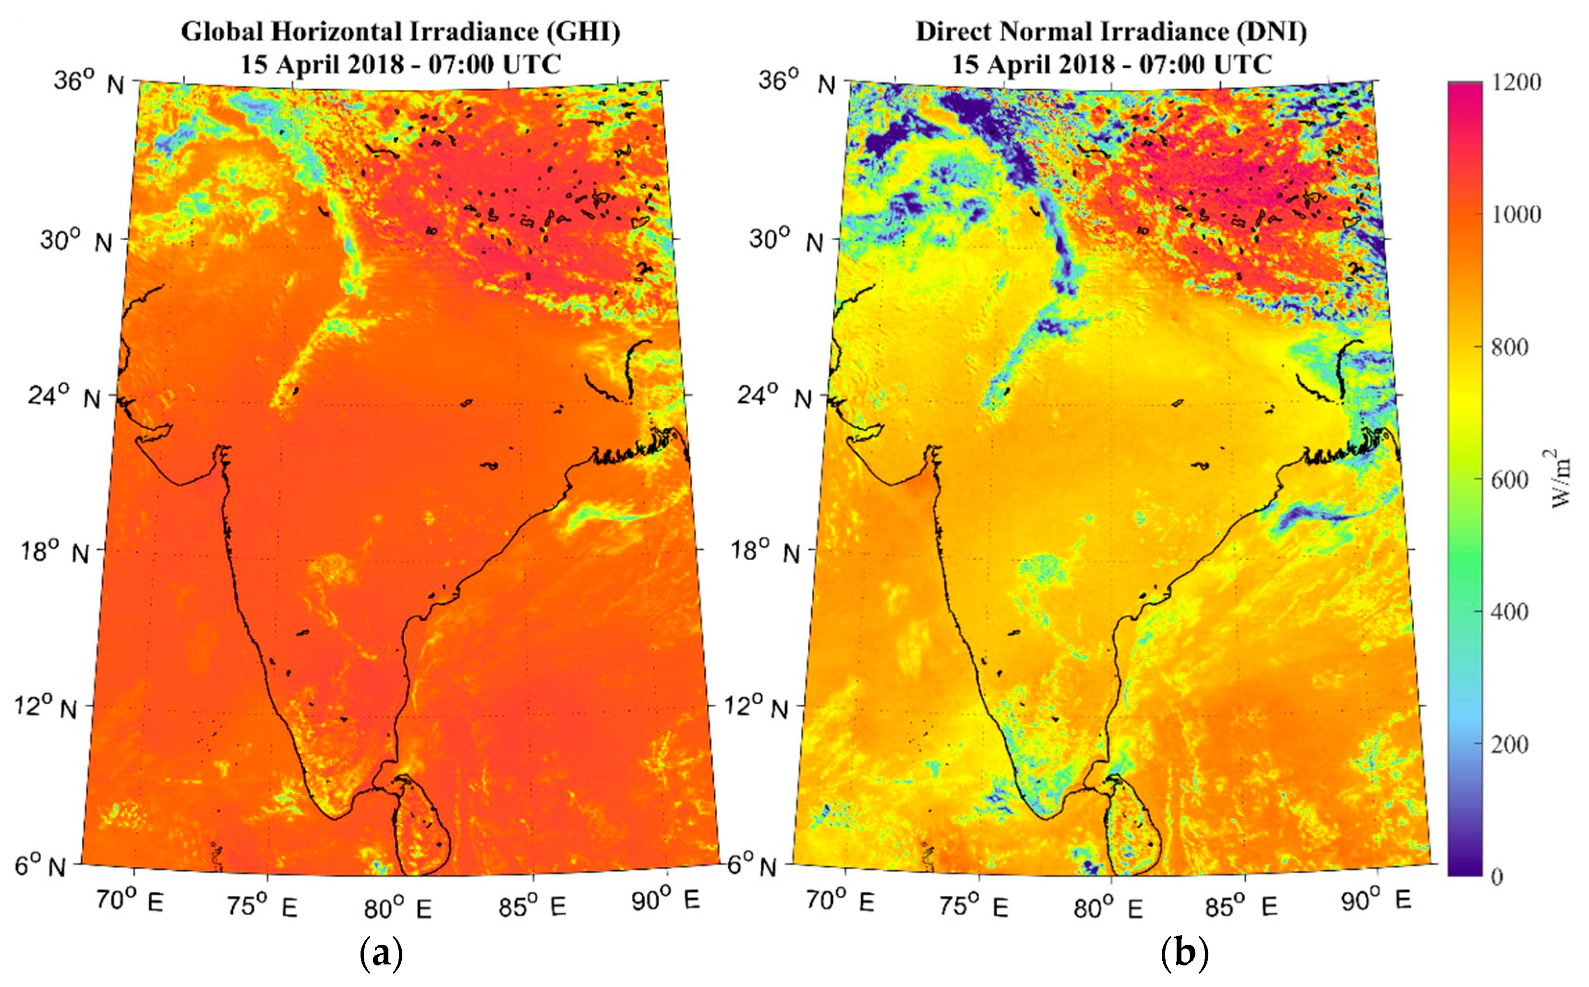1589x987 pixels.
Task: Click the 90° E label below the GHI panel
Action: coord(665,901)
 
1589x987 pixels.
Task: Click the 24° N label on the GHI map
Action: coord(64,396)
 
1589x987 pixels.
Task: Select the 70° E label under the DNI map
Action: coord(839,902)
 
